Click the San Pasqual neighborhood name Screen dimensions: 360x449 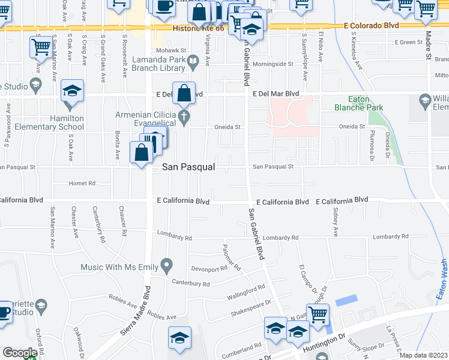[188, 167]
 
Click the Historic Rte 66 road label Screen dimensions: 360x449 [199, 28]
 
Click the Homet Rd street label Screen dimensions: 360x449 [82, 183]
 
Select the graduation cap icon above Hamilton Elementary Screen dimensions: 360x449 [72, 91]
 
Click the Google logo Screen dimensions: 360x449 [20, 353]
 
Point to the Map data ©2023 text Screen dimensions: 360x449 [424, 355]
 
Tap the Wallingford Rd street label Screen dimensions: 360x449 [246, 292]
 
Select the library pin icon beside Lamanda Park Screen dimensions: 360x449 [193, 60]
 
